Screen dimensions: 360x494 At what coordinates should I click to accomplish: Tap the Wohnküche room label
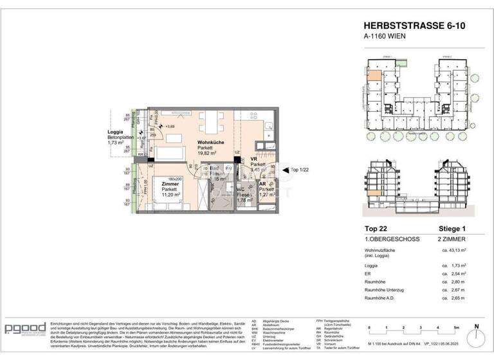point(211,142)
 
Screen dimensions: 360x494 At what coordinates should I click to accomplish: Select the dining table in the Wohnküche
point(208,122)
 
